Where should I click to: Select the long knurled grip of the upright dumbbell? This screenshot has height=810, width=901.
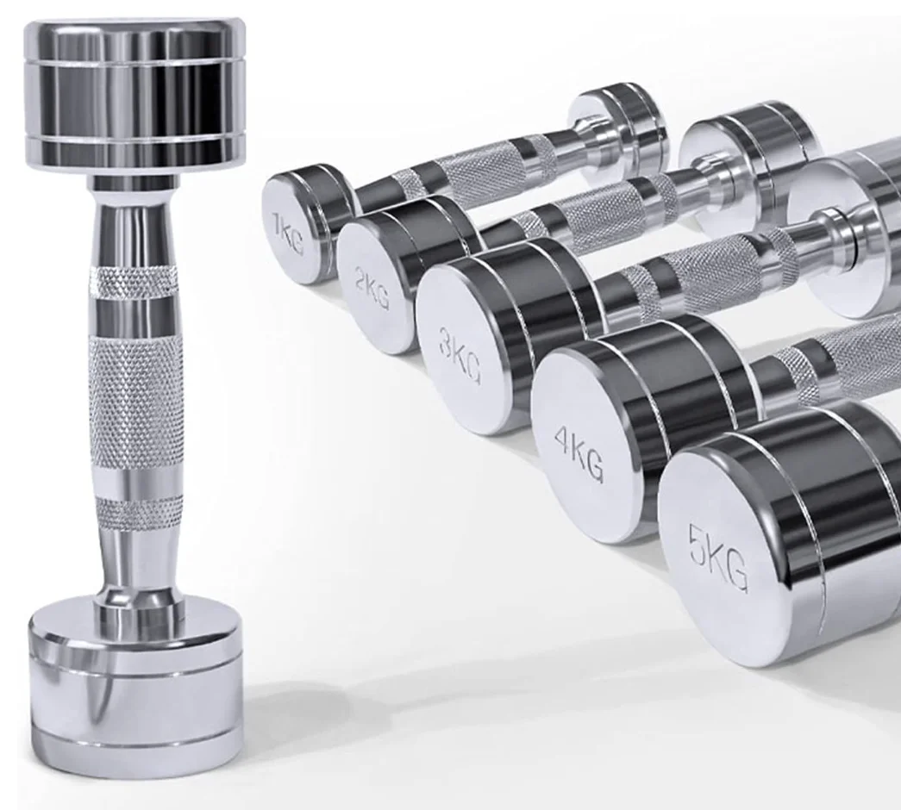(x=136, y=400)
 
